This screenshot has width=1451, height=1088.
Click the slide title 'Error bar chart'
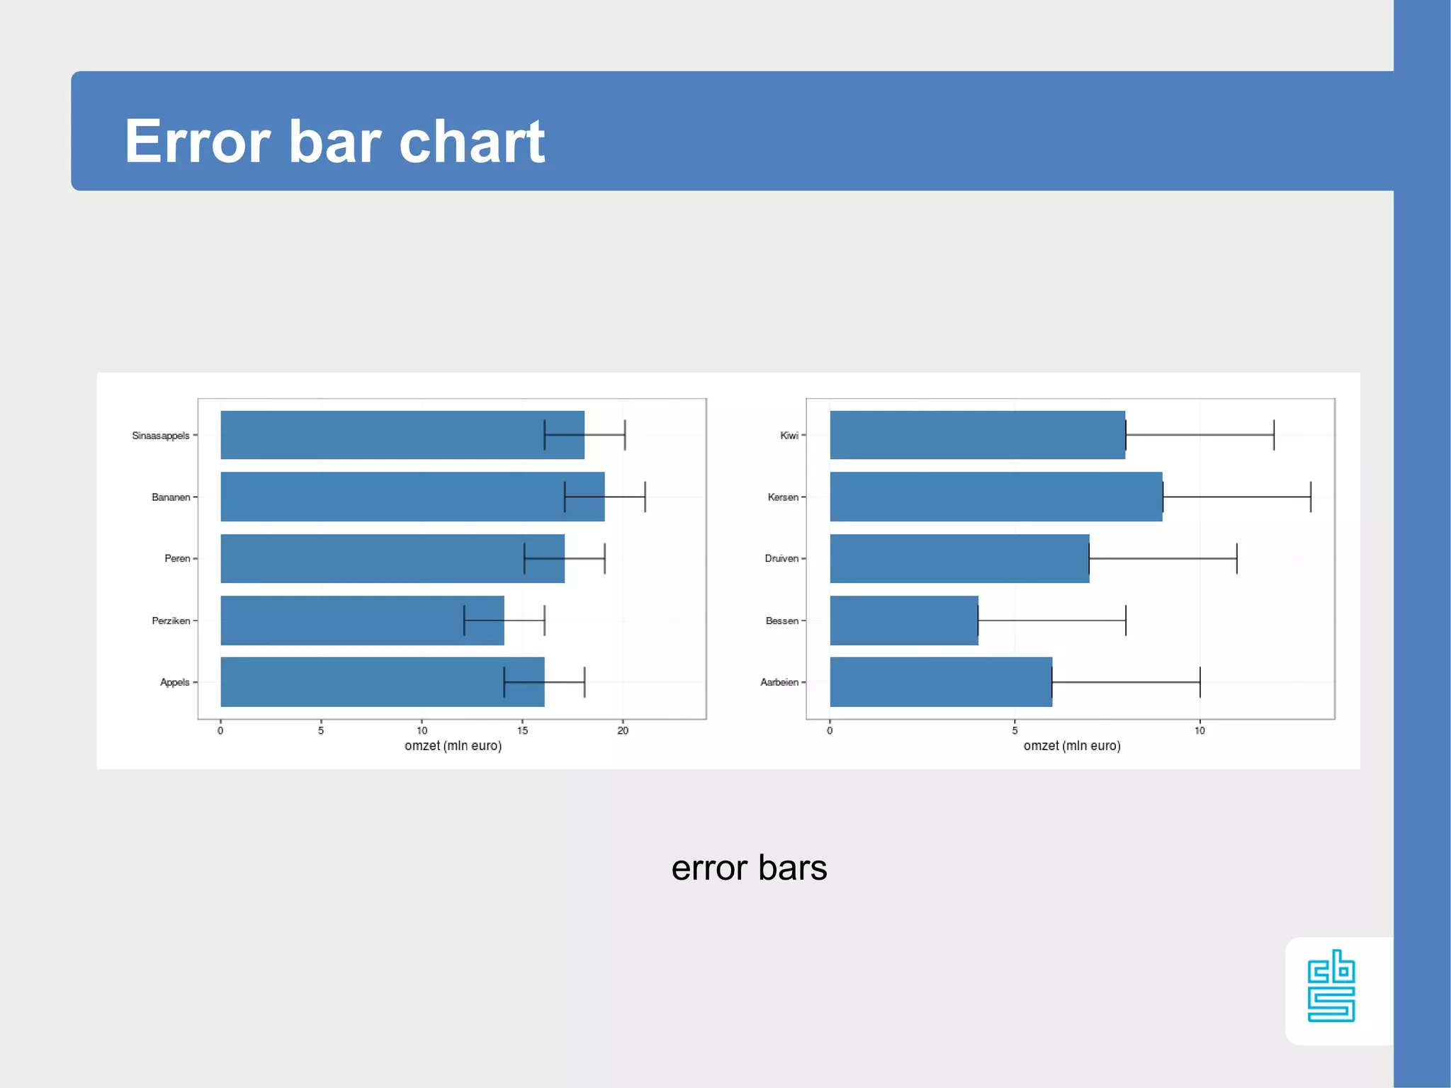(x=334, y=141)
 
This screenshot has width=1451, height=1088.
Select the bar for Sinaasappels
(x=383, y=435)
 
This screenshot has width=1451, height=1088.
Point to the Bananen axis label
(x=171, y=497)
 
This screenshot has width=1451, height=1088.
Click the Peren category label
(x=177, y=559)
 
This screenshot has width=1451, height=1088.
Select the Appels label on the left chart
(x=175, y=682)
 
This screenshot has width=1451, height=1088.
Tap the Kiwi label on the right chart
(x=789, y=436)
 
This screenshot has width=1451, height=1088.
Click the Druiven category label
(x=781, y=559)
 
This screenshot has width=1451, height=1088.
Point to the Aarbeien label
(x=779, y=682)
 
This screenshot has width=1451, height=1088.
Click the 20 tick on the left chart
(x=623, y=731)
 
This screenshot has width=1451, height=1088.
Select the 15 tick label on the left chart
(x=522, y=731)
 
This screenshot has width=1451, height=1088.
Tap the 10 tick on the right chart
(x=1199, y=731)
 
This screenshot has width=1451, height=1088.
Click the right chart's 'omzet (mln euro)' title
(x=1072, y=746)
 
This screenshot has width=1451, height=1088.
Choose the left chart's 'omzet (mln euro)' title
(x=453, y=746)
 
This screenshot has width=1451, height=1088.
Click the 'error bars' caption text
(x=749, y=868)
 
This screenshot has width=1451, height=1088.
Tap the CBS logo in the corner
(x=1331, y=986)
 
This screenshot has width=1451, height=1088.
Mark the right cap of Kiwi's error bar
(x=1274, y=435)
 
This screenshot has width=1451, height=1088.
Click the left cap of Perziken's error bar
(x=464, y=620)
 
